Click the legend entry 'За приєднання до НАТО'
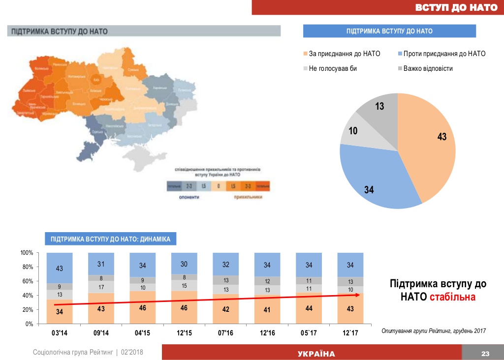tap(344, 54)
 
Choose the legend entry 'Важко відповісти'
tap(428, 68)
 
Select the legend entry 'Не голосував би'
tap(333, 68)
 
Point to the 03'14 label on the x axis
tap(59, 333)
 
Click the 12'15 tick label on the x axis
tap(184, 333)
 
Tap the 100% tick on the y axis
tap(26, 253)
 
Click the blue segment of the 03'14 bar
tap(59, 268)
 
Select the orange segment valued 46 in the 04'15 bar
tap(142, 307)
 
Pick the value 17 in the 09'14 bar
tap(100, 287)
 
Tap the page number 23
tap(485, 354)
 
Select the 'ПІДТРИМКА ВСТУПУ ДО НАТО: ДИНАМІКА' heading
tap(111, 240)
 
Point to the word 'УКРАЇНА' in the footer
tap(316, 354)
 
